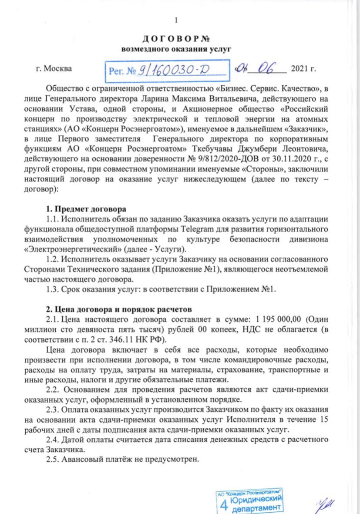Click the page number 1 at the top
[176, 20]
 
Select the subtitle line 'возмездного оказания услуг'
[176, 49]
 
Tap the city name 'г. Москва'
[54, 69]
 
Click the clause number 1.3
[54, 289]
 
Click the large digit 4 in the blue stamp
[224, 504]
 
